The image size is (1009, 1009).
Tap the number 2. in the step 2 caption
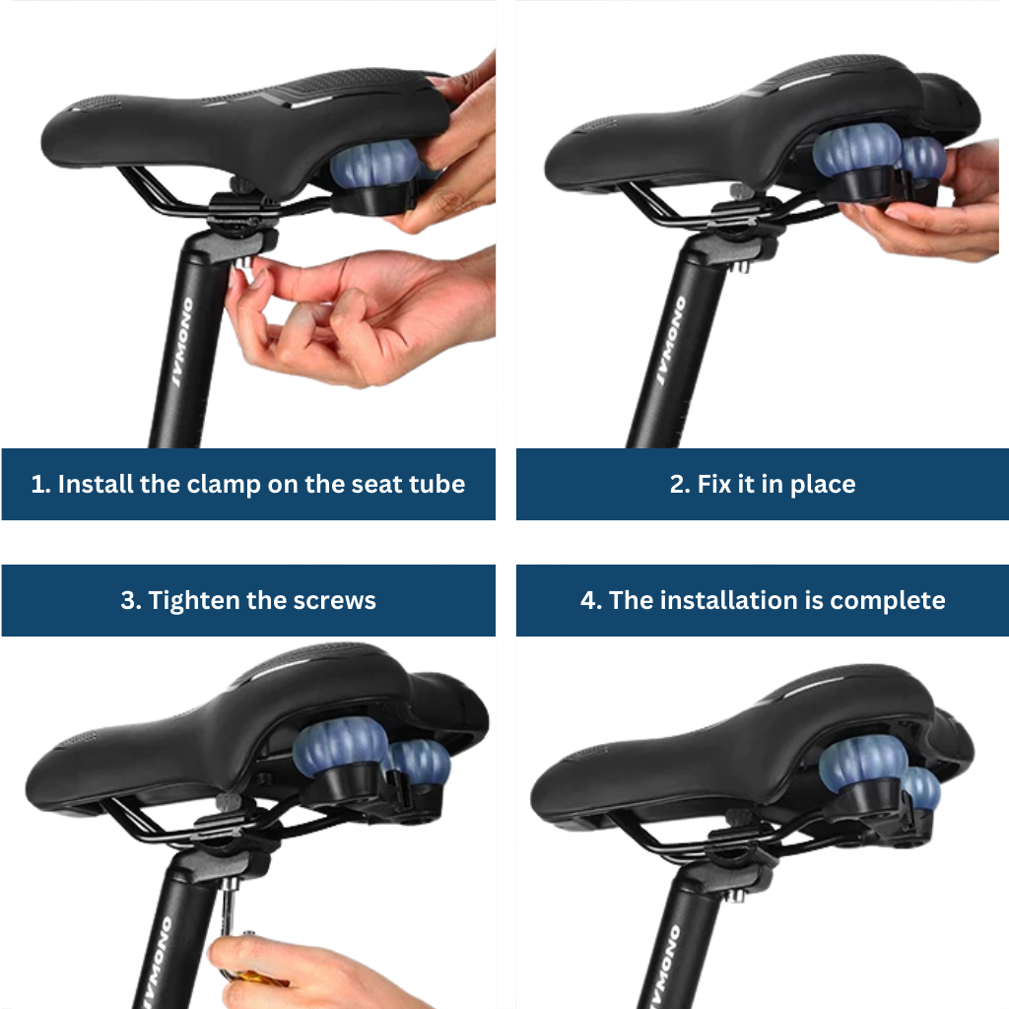pyautogui.click(x=680, y=484)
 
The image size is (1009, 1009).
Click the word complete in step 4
pyautogui.click(x=888, y=601)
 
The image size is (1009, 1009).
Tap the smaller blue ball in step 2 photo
pyautogui.click(x=922, y=160)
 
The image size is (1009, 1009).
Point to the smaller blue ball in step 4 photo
pyautogui.click(x=921, y=789)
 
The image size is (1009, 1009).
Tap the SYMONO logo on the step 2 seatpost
pyautogui.click(x=671, y=340)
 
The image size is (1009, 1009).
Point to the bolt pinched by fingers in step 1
pyautogui.click(x=242, y=265)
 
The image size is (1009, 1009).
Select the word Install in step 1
pyautogui.click(x=96, y=484)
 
